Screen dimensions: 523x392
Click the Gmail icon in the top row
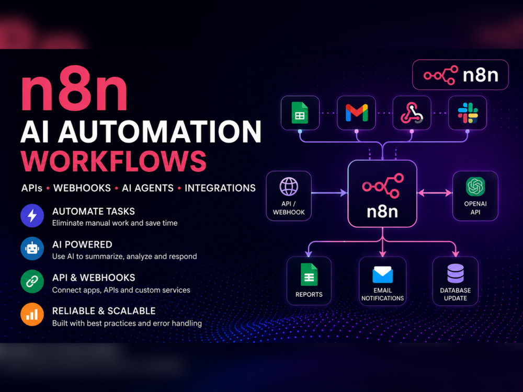click(x=357, y=113)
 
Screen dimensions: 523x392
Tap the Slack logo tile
click(x=467, y=113)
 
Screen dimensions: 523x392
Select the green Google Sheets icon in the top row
click(x=300, y=113)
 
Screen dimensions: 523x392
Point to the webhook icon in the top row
click(x=412, y=113)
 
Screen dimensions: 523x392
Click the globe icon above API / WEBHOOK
click(x=289, y=187)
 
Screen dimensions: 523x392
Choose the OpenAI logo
click(x=475, y=187)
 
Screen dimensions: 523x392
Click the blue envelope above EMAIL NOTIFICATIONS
click(x=383, y=275)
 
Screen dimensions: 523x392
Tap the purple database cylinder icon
click(x=456, y=273)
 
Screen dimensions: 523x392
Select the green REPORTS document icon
click(x=309, y=275)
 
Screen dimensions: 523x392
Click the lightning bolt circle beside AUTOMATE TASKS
click(x=32, y=216)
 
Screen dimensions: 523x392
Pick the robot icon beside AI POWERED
click(x=32, y=249)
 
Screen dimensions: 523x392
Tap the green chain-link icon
click(x=32, y=282)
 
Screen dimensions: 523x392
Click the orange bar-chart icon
click(x=32, y=314)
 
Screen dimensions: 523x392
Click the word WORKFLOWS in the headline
click(x=113, y=161)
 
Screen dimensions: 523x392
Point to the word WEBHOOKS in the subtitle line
click(x=82, y=188)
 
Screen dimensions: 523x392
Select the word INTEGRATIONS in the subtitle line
click(x=220, y=188)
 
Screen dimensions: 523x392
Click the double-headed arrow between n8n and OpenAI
click(x=435, y=193)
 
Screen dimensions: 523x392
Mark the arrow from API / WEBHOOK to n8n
click(x=329, y=193)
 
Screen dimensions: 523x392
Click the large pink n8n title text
click(x=74, y=88)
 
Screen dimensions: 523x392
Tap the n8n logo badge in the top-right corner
click(x=460, y=75)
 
